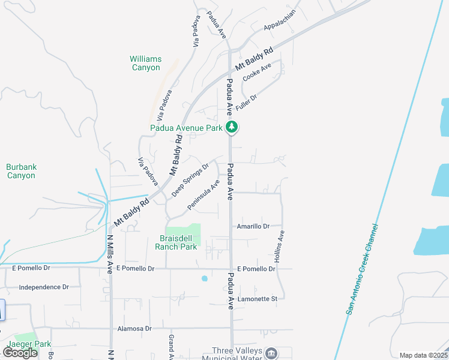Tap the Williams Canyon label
click(146, 63)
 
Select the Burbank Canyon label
click(21, 171)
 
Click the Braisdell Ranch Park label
click(176, 242)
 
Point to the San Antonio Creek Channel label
click(363, 269)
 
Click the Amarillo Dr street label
click(253, 226)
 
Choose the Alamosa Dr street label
click(134, 329)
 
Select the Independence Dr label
click(44, 287)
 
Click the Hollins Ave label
click(279, 247)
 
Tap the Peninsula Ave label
click(203, 194)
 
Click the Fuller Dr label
click(246, 103)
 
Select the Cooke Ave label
click(257, 72)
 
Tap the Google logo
click(20, 353)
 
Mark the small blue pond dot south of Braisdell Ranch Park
click(205, 278)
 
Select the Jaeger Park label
click(29, 344)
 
